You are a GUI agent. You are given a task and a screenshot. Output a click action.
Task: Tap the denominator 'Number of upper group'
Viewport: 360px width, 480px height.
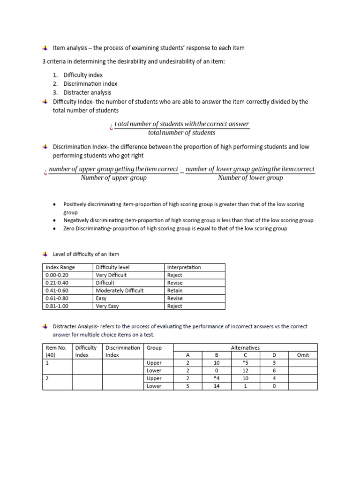coord(113,178)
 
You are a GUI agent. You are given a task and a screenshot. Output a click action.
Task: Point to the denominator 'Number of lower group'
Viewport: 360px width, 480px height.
coord(250,178)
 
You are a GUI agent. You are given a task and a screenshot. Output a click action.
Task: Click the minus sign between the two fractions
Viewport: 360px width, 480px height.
coord(182,173)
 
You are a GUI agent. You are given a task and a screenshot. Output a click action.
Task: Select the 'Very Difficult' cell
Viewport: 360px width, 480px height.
coord(111,275)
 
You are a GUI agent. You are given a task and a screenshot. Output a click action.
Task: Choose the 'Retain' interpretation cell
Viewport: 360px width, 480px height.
coord(175,291)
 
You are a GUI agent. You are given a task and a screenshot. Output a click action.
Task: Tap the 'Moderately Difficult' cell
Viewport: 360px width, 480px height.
coord(120,291)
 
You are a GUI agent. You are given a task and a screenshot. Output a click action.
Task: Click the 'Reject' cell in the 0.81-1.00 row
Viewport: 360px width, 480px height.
coord(175,306)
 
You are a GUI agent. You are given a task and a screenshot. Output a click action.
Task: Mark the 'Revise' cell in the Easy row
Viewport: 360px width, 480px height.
coord(175,298)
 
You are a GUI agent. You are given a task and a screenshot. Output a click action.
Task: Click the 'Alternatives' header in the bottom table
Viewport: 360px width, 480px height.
coord(245,348)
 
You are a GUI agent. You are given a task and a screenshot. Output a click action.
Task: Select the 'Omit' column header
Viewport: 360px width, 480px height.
coord(303,355)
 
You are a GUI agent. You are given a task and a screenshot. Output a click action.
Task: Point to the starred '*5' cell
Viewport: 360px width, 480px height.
coord(245,363)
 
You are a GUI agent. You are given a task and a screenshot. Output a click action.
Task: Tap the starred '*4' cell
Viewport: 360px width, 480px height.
coord(216,378)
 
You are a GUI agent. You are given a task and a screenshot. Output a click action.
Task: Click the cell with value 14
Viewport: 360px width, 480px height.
coord(216,386)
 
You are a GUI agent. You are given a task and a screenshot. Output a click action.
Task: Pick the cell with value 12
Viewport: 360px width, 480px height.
coord(245,371)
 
